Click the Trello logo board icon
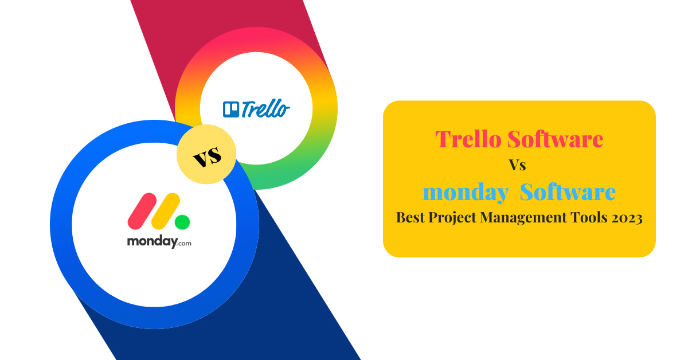[231, 109]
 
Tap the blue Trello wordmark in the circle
[265, 108]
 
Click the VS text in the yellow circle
[207, 156]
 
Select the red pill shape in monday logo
[142, 211]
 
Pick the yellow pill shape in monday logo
[166, 211]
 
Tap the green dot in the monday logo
[182, 222]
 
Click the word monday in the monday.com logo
[153, 242]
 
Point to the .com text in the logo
[185, 244]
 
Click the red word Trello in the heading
[468, 139]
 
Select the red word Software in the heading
[556, 139]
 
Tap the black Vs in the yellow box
[518, 165]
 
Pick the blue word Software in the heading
[568, 191]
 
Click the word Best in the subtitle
[411, 217]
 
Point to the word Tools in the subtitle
[589, 217]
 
